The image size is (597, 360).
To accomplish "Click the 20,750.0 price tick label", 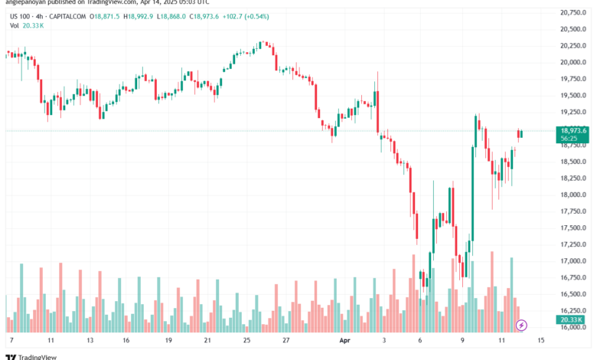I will [573, 12].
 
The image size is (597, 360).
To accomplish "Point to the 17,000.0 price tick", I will [573, 261].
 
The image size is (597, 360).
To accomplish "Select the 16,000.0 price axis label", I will [573, 328].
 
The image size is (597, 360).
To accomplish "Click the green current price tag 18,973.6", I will [573, 130].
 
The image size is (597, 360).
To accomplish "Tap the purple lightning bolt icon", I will [523, 325].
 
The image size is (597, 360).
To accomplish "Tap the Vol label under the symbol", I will [15, 25].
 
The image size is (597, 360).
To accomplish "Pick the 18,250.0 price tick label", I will [573, 178].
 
